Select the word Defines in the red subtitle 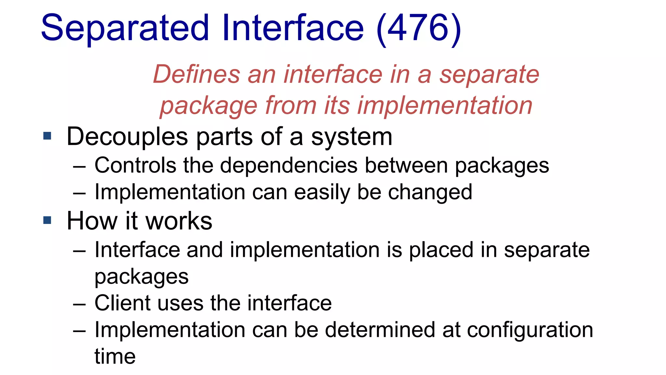tap(196, 74)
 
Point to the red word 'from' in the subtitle tap(291, 105)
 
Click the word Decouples tap(127, 137)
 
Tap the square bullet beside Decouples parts tap(47, 136)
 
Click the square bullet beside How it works tap(47, 220)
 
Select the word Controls tap(135, 165)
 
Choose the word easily tap(322, 192)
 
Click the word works tap(179, 221)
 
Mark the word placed tap(441, 250)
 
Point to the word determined tap(380, 330)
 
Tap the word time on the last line tap(115, 356)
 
